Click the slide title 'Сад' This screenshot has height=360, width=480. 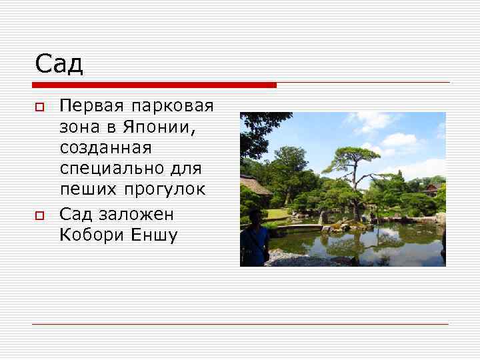pyautogui.click(x=59, y=64)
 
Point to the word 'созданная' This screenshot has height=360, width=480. pyautogui.click(x=106, y=147)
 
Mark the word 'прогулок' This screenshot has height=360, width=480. pyautogui.click(x=163, y=189)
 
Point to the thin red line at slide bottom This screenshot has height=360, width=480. pyautogui.click(x=240, y=325)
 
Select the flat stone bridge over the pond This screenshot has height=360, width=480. pyautogui.click(x=299, y=227)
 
